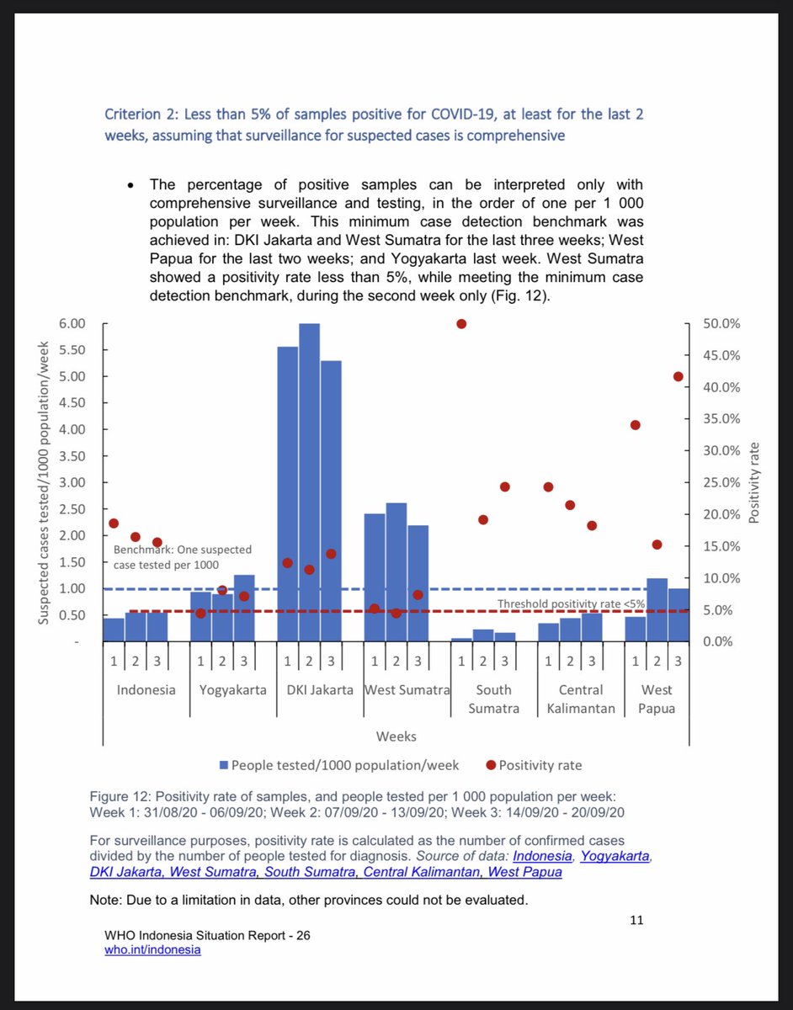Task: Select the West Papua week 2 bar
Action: click(657, 609)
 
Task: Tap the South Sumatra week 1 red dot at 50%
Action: click(461, 324)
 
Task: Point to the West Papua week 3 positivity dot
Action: click(679, 376)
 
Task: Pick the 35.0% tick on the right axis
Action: click(722, 419)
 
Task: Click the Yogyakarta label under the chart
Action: click(232, 689)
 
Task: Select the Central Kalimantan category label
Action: click(581, 699)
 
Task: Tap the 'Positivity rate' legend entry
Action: click(540, 765)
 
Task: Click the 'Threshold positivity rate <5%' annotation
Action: click(571, 603)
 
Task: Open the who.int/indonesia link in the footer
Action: click(153, 949)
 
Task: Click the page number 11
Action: click(636, 920)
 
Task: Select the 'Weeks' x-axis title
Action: click(396, 736)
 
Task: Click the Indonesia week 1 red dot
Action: click(114, 524)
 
